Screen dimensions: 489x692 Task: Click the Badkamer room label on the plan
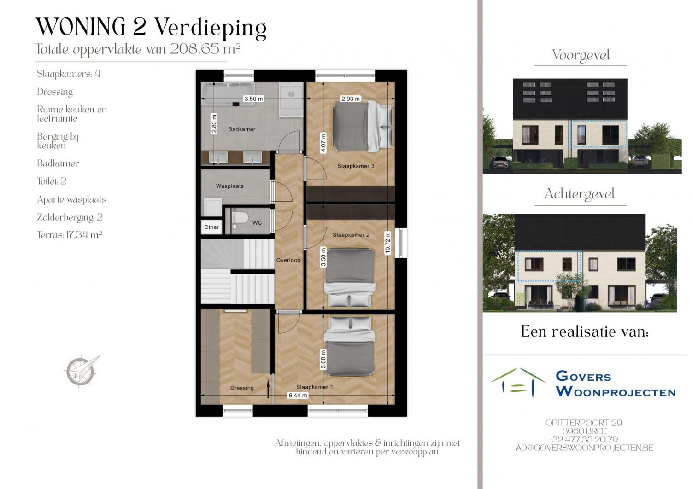click(x=241, y=129)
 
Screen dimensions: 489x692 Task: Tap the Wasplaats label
click(x=229, y=186)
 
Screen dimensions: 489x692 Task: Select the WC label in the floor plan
click(x=257, y=223)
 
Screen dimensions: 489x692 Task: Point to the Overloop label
click(x=288, y=260)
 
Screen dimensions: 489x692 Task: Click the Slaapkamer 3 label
click(x=356, y=166)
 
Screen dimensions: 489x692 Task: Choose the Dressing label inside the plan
click(x=242, y=388)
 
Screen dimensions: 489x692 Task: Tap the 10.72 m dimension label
click(x=388, y=243)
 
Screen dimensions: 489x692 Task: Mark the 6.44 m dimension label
click(x=298, y=396)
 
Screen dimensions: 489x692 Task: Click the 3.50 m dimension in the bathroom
click(x=253, y=99)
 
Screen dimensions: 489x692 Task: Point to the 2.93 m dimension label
click(x=350, y=99)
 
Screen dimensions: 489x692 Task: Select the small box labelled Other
click(x=211, y=227)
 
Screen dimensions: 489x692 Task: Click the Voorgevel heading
click(x=581, y=56)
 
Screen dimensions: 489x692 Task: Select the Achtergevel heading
click(x=579, y=194)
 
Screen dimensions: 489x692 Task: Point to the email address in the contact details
click(x=584, y=448)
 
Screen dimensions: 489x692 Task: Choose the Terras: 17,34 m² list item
click(x=69, y=235)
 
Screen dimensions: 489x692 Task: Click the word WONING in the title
click(x=81, y=27)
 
